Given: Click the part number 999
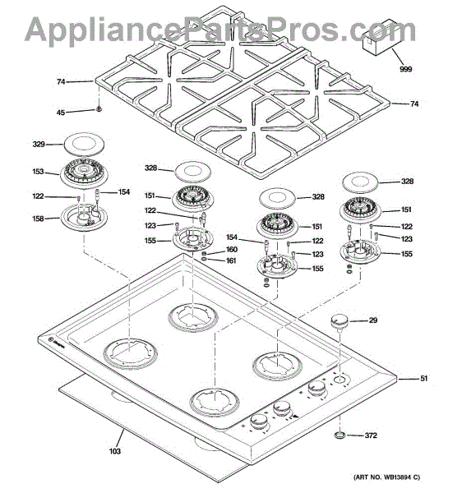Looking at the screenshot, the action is pos(406,69).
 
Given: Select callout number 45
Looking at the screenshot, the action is pos(61,113).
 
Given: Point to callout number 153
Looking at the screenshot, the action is pos(39,172).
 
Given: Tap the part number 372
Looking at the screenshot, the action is pos(371,435).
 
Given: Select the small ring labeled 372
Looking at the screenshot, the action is pos(340,435).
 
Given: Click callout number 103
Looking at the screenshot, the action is pos(115,451).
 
